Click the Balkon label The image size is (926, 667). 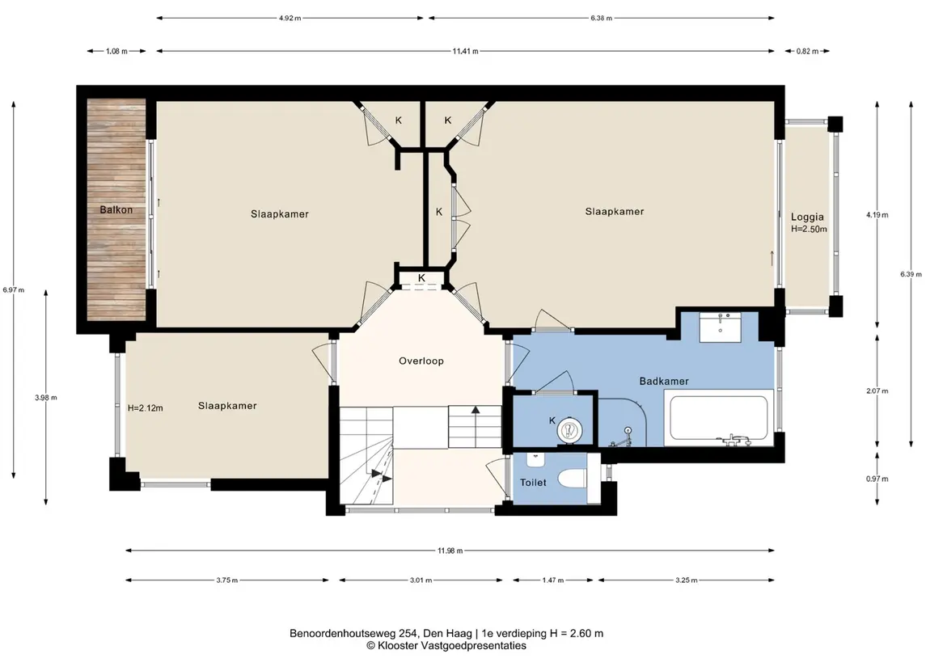pyautogui.click(x=116, y=209)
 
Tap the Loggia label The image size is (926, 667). pyautogui.click(x=807, y=217)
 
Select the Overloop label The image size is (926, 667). pyautogui.click(x=421, y=361)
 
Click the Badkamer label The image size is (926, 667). pyautogui.click(x=664, y=382)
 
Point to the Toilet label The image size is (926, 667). pyautogui.click(x=533, y=482)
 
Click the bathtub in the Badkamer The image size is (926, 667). pyautogui.click(x=719, y=418)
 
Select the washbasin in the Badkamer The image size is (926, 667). pyautogui.click(x=721, y=327)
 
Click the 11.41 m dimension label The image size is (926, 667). pyautogui.click(x=465, y=52)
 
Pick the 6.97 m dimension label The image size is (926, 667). pyautogui.click(x=14, y=289)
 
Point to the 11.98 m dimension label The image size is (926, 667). pyautogui.click(x=450, y=551)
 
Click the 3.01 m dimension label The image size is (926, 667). pyautogui.click(x=421, y=580)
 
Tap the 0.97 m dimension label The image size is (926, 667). pyautogui.click(x=877, y=479)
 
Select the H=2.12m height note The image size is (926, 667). pyautogui.click(x=146, y=407)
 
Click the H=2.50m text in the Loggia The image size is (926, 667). pyautogui.click(x=809, y=229)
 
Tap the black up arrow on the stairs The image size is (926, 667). pyautogui.click(x=475, y=409)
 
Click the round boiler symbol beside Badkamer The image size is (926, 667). pyautogui.click(x=569, y=429)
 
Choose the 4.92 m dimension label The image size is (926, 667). pyautogui.click(x=290, y=19)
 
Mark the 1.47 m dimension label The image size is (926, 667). pyautogui.click(x=552, y=580)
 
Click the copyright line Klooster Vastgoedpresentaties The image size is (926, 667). pyautogui.click(x=446, y=646)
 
